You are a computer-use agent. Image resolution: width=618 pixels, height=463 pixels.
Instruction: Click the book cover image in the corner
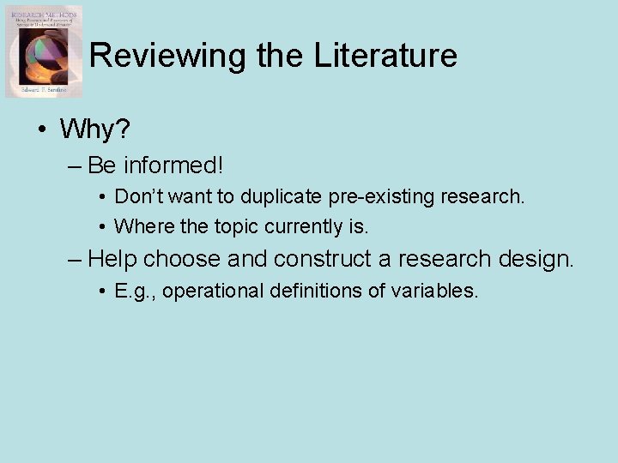pyautogui.click(x=44, y=51)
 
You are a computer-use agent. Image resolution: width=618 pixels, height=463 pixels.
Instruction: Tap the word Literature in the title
pyautogui.click(x=385, y=56)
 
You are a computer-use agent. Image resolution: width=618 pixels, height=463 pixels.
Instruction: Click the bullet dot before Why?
pyautogui.click(x=40, y=131)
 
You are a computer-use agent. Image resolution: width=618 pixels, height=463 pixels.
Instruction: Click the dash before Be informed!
pyautogui.click(x=75, y=165)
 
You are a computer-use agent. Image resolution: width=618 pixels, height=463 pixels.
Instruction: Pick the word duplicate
pyautogui.click(x=280, y=196)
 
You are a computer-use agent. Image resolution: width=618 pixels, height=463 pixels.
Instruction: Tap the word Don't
pyautogui.click(x=138, y=196)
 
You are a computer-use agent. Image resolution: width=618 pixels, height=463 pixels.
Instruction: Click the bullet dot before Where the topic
pyautogui.click(x=101, y=227)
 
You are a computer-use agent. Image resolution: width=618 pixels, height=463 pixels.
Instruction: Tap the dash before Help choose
pyautogui.click(x=75, y=259)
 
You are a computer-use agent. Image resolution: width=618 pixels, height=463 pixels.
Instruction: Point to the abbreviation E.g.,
pyautogui.click(x=134, y=292)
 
